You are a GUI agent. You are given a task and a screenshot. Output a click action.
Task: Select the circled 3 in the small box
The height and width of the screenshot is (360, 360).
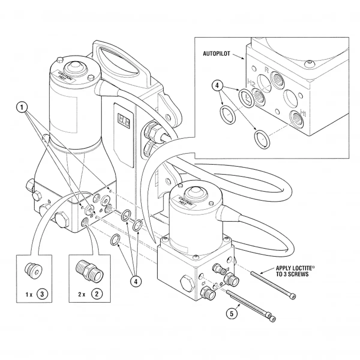(42, 294)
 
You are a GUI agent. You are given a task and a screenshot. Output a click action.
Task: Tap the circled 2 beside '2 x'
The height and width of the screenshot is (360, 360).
(97, 294)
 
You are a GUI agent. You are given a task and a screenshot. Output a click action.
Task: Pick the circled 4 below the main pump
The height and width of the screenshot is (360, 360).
(136, 281)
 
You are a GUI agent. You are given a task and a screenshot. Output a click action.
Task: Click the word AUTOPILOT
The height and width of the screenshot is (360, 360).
(216, 54)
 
